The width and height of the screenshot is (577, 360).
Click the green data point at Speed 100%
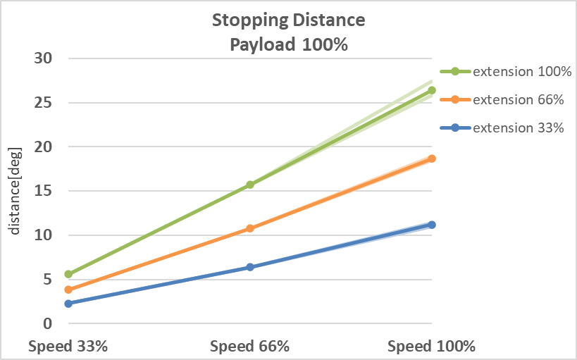(432, 90)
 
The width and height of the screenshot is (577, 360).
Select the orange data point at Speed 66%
(250, 228)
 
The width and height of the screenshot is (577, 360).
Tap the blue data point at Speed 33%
(68, 304)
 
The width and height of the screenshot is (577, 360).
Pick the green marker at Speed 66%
(250, 185)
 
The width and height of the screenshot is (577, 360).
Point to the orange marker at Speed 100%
(432, 159)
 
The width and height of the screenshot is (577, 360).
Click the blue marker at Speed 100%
(432, 225)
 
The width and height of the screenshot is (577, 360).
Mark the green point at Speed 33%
(68, 274)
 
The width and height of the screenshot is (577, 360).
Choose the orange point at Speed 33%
(68, 290)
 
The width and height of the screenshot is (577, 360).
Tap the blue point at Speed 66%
(250, 267)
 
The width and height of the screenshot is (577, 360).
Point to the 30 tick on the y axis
(44, 58)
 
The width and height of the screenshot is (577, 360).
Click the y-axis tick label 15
(44, 191)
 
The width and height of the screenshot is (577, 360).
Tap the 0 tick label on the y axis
(48, 323)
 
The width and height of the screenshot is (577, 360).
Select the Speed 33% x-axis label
(68, 347)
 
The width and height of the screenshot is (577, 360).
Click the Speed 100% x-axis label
(432, 347)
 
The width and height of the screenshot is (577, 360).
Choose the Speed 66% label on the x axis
(250, 347)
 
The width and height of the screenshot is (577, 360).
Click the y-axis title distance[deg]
(15, 190)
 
